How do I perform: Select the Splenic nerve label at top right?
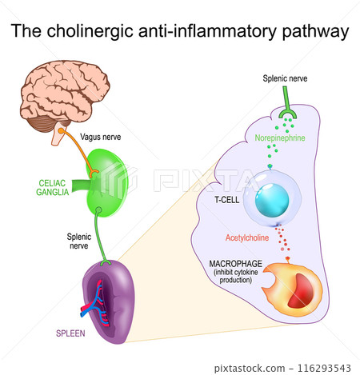284,78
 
